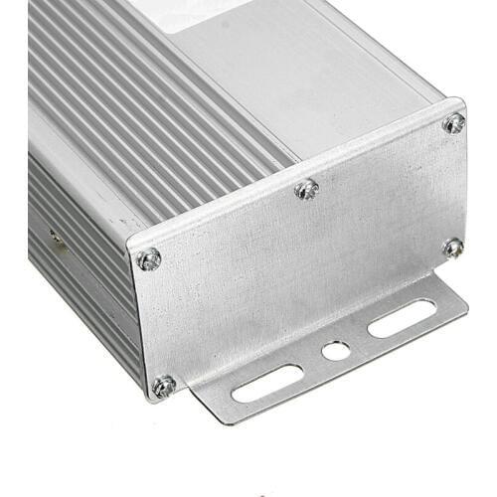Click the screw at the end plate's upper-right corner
[454, 123]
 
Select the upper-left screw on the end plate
[149, 259]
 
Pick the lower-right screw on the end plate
[453, 247]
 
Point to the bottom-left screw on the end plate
[164, 385]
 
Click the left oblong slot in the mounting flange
[267, 383]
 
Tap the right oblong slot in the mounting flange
[402, 318]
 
